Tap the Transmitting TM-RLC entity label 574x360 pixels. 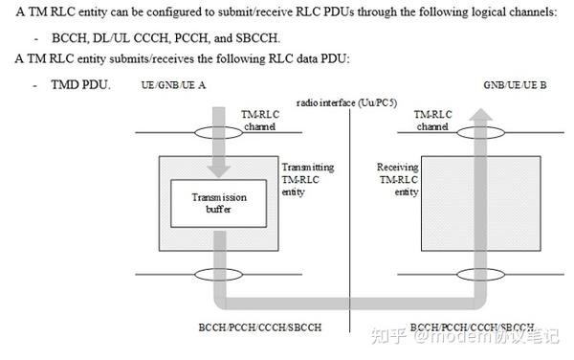[x=303, y=179]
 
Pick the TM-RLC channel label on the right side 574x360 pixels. [x=432, y=120]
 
